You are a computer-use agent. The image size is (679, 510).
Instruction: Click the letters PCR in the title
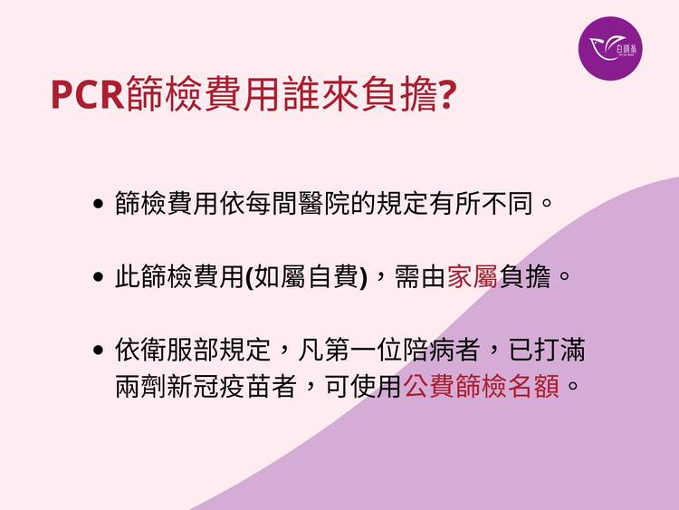[x=88, y=95]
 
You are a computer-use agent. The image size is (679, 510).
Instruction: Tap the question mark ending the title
[x=447, y=94]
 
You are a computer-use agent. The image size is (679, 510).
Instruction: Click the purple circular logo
[x=610, y=49]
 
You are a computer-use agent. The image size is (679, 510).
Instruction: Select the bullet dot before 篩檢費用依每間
[x=99, y=203]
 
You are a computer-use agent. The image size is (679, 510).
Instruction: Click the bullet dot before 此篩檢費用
[x=99, y=276]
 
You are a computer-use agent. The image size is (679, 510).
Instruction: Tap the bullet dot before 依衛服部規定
[x=99, y=350]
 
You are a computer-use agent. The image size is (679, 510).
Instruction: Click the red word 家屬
[x=473, y=276]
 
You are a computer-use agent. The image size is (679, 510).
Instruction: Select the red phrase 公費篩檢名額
[x=481, y=386]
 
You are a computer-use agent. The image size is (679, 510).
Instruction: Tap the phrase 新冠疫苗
[x=219, y=386]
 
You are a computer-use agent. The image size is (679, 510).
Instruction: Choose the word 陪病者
[x=441, y=350]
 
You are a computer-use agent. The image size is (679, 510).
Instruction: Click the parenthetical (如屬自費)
[x=307, y=276]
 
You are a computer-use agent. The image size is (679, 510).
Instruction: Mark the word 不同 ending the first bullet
[x=507, y=203]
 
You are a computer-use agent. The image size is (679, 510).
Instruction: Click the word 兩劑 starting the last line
[x=140, y=386]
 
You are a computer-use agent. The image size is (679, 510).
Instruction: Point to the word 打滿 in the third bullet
[x=559, y=350]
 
